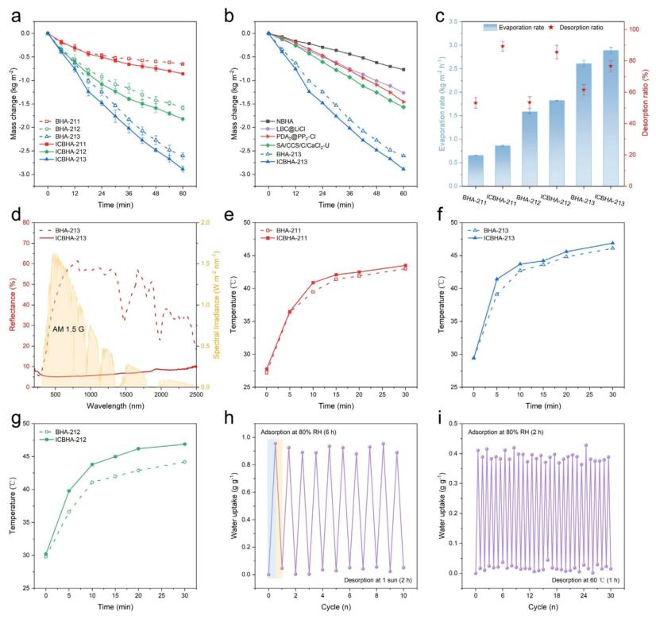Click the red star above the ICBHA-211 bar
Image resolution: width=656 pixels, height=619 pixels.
click(503, 46)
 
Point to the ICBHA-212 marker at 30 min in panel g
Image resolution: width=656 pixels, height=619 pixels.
click(184, 444)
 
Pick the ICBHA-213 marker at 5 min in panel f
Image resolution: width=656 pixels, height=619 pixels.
click(496, 279)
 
